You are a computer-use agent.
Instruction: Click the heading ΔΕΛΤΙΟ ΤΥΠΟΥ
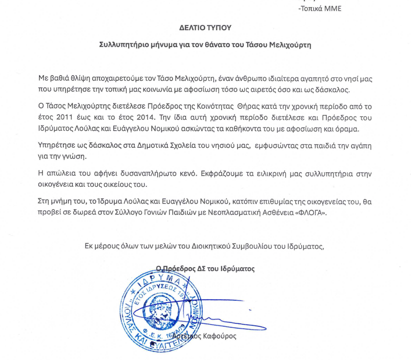coord(205,28)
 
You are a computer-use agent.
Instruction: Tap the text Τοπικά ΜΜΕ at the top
coord(320,8)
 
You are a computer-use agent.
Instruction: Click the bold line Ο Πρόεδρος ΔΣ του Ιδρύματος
coord(205,269)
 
